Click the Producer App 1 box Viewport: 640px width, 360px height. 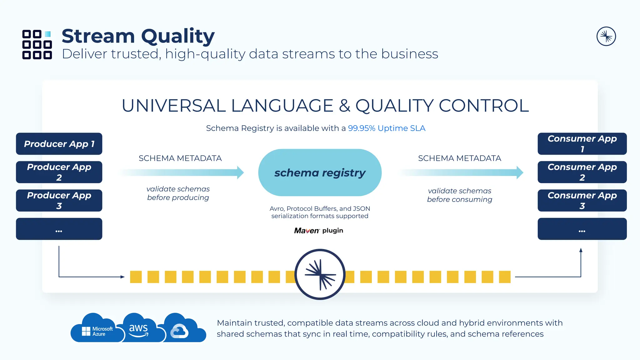[x=59, y=144]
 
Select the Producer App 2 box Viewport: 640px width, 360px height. [x=59, y=172]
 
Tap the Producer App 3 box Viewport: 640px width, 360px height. [x=59, y=201]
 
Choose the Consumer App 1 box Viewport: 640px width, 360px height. [x=582, y=144]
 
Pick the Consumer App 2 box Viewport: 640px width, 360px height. [x=582, y=172]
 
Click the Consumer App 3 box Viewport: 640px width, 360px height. [x=582, y=201]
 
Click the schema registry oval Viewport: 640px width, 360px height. [x=320, y=172]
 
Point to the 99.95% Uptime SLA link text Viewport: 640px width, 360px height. [x=387, y=128]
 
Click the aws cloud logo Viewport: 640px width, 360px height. [x=139, y=329]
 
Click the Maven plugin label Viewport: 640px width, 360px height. [x=318, y=231]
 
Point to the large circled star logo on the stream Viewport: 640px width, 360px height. [x=320, y=274]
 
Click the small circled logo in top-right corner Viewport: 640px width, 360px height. [x=606, y=36]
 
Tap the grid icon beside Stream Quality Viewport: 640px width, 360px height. [x=37, y=44]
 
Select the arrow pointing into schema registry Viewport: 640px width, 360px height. [x=181, y=172]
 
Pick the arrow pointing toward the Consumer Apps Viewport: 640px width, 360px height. [x=461, y=172]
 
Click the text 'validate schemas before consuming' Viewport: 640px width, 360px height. [x=459, y=195]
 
